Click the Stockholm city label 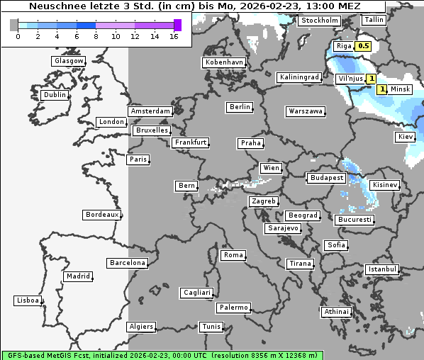pos(319,21)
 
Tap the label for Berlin pos(240,107)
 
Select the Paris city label pos(138,159)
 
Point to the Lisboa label pos(28,300)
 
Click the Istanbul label pos(382,269)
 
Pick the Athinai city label pos(336,312)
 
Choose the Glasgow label pos(69,61)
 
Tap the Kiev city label pos(406,136)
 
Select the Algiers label pos(140,327)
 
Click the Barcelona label pos(128,263)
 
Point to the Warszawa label pos(306,111)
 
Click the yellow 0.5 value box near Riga pos(363,46)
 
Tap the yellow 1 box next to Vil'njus pos(371,79)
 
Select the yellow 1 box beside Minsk pos(382,89)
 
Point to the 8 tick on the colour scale pos(96,36)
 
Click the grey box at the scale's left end pos(14,25)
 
